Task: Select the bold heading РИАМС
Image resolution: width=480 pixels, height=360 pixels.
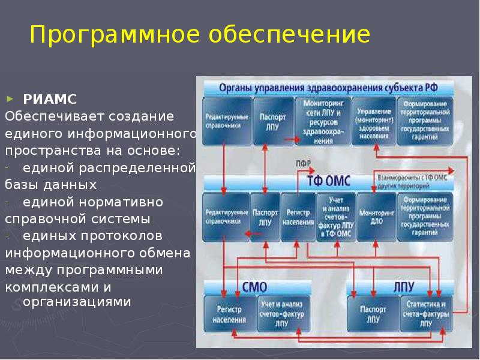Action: click(50, 98)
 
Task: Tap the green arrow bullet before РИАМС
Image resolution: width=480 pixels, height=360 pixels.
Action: click(10, 97)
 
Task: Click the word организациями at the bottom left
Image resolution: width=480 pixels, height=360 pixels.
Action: click(77, 302)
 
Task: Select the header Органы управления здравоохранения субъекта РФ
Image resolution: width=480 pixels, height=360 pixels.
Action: click(328, 88)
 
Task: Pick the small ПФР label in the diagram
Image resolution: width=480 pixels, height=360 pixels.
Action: click(303, 164)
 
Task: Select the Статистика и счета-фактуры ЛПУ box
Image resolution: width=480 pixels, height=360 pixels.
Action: click(425, 314)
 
